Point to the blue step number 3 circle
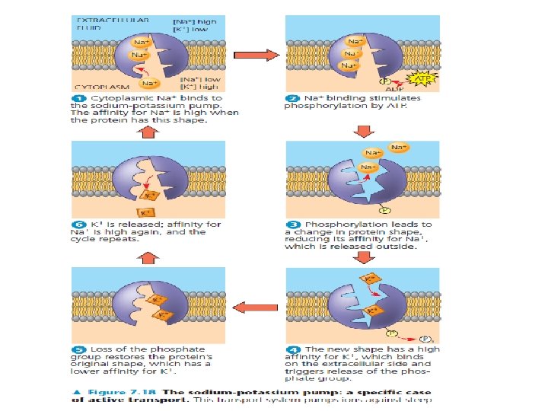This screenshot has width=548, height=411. click(x=291, y=225)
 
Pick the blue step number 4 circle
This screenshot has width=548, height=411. click(x=291, y=349)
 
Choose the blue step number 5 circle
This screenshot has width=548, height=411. click(x=78, y=349)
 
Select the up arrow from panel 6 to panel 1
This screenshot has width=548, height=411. click(x=149, y=132)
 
